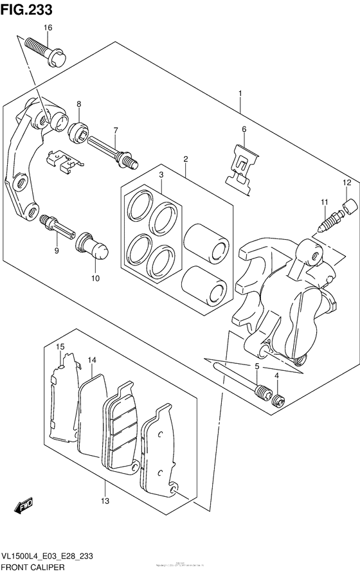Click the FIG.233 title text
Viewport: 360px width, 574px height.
point(26,9)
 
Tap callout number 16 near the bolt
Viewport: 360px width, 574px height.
point(48,28)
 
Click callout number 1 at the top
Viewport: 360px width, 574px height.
point(240,94)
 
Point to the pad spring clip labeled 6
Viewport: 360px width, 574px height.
point(243,165)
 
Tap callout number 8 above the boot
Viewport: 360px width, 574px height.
point(79,104)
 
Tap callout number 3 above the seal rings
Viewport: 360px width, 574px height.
point(162,175)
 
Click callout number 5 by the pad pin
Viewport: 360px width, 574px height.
point(256,367)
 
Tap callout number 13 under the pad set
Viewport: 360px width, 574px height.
point(105,501)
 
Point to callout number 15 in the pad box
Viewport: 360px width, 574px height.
point(60,348)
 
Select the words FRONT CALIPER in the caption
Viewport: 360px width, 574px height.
point(32,566)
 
